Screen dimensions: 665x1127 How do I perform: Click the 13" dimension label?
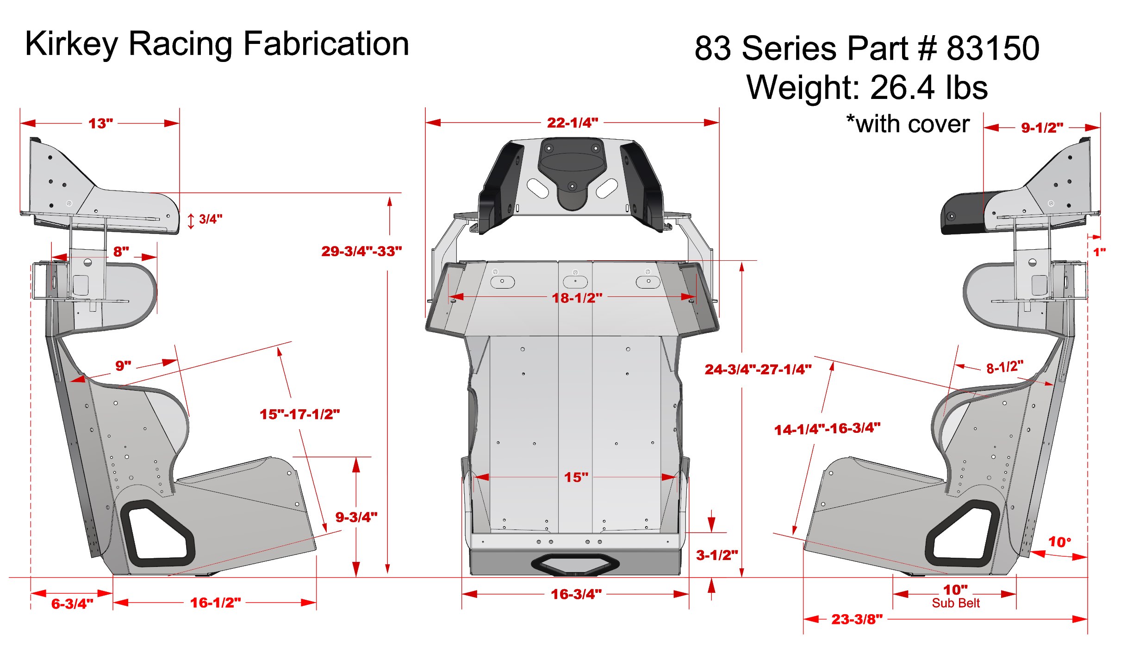[x=100, y=123]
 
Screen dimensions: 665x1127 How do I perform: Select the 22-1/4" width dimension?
[x=572, y=123]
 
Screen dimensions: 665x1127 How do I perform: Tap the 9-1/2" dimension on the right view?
[x=1041, y=128]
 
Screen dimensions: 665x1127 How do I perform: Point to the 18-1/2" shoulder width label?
[x=577, y=298]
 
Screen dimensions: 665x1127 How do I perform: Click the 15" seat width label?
[x=576, y=477]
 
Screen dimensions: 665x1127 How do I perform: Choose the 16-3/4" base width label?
[x=576, y=594]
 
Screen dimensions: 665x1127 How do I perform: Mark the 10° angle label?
[x=1059, y=542]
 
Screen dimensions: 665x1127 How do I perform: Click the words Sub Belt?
[x=955, y=603]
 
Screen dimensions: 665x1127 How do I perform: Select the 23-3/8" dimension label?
[x=856, y=619]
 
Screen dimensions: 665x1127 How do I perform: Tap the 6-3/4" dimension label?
[x=72, y=603]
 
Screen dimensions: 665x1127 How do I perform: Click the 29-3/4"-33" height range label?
[x=361, y=251]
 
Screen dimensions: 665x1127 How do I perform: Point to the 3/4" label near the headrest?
[x=210, y=219]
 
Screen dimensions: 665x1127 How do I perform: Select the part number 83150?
[x=993, y=48]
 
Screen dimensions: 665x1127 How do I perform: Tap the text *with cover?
[x=908, y=124]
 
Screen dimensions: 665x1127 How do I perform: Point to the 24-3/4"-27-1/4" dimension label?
[x=758, y=369]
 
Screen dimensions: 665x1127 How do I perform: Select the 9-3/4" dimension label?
[x=356, y=517]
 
